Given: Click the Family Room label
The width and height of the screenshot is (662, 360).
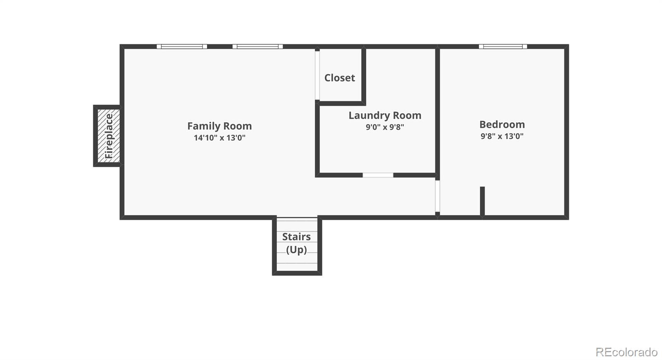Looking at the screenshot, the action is click(220, 126).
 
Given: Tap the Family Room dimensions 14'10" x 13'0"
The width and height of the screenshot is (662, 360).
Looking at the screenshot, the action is click(220, 138).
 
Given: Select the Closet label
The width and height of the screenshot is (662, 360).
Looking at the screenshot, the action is click(340, 78).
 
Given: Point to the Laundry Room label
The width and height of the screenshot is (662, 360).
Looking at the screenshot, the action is click(385, 115).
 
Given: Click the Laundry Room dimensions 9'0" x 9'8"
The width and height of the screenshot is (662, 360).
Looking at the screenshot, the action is click(385, 127).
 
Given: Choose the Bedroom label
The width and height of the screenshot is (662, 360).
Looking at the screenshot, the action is click(502, 125).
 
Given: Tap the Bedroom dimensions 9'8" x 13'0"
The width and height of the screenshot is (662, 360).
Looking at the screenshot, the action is click(502, 136).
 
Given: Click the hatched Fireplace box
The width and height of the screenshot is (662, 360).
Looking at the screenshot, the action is click(109, 136).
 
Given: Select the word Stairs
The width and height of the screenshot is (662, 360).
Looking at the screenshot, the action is click(296, 237).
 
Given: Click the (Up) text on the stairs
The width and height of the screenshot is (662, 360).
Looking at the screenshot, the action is click(296, 250).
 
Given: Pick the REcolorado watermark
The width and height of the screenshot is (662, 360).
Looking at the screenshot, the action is click(626, 352).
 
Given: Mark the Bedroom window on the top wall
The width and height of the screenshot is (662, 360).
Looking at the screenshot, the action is click(503, 46).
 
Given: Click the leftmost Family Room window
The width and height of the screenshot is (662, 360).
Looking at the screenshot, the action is click(182, 46).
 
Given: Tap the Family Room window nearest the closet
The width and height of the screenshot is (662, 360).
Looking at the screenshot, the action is click(257, 46).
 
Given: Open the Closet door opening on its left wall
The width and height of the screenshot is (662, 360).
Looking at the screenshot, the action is click(317, 75).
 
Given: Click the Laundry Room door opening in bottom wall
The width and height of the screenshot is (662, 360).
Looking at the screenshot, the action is click(378, 175).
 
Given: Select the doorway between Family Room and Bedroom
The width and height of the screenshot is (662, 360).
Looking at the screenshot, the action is click(437, 196).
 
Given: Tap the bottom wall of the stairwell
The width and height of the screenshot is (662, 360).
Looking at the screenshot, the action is click(297, 273).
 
